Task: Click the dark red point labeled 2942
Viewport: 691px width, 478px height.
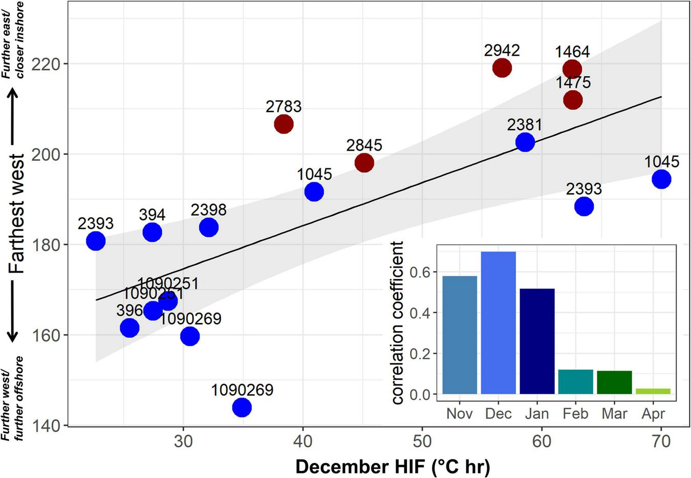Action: [x=502, y=68]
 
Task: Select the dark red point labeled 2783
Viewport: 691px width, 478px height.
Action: [x=284, y=124]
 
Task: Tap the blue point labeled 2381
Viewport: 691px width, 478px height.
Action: [x=525, y=142]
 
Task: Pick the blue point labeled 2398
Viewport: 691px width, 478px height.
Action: [x=208, y=227]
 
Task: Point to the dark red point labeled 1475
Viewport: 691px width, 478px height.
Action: [x=573, y=99]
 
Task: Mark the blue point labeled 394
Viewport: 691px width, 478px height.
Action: [x=152, y=232]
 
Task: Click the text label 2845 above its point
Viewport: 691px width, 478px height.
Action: [x=364, y=145]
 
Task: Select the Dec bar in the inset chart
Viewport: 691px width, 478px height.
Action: [x=498, y=323]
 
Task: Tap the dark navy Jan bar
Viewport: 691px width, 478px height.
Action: [x=537, y=341]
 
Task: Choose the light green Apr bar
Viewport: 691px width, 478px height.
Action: [x=653, y=391]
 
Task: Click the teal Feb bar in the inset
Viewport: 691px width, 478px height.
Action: [x=576, y=382]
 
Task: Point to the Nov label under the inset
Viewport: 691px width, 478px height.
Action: [x=459, y=413]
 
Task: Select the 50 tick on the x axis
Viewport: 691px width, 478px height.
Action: [x=422, y=441]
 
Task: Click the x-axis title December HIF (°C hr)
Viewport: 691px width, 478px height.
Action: [x=393, y=467]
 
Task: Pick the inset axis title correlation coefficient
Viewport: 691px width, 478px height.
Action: [x=398, y=322]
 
